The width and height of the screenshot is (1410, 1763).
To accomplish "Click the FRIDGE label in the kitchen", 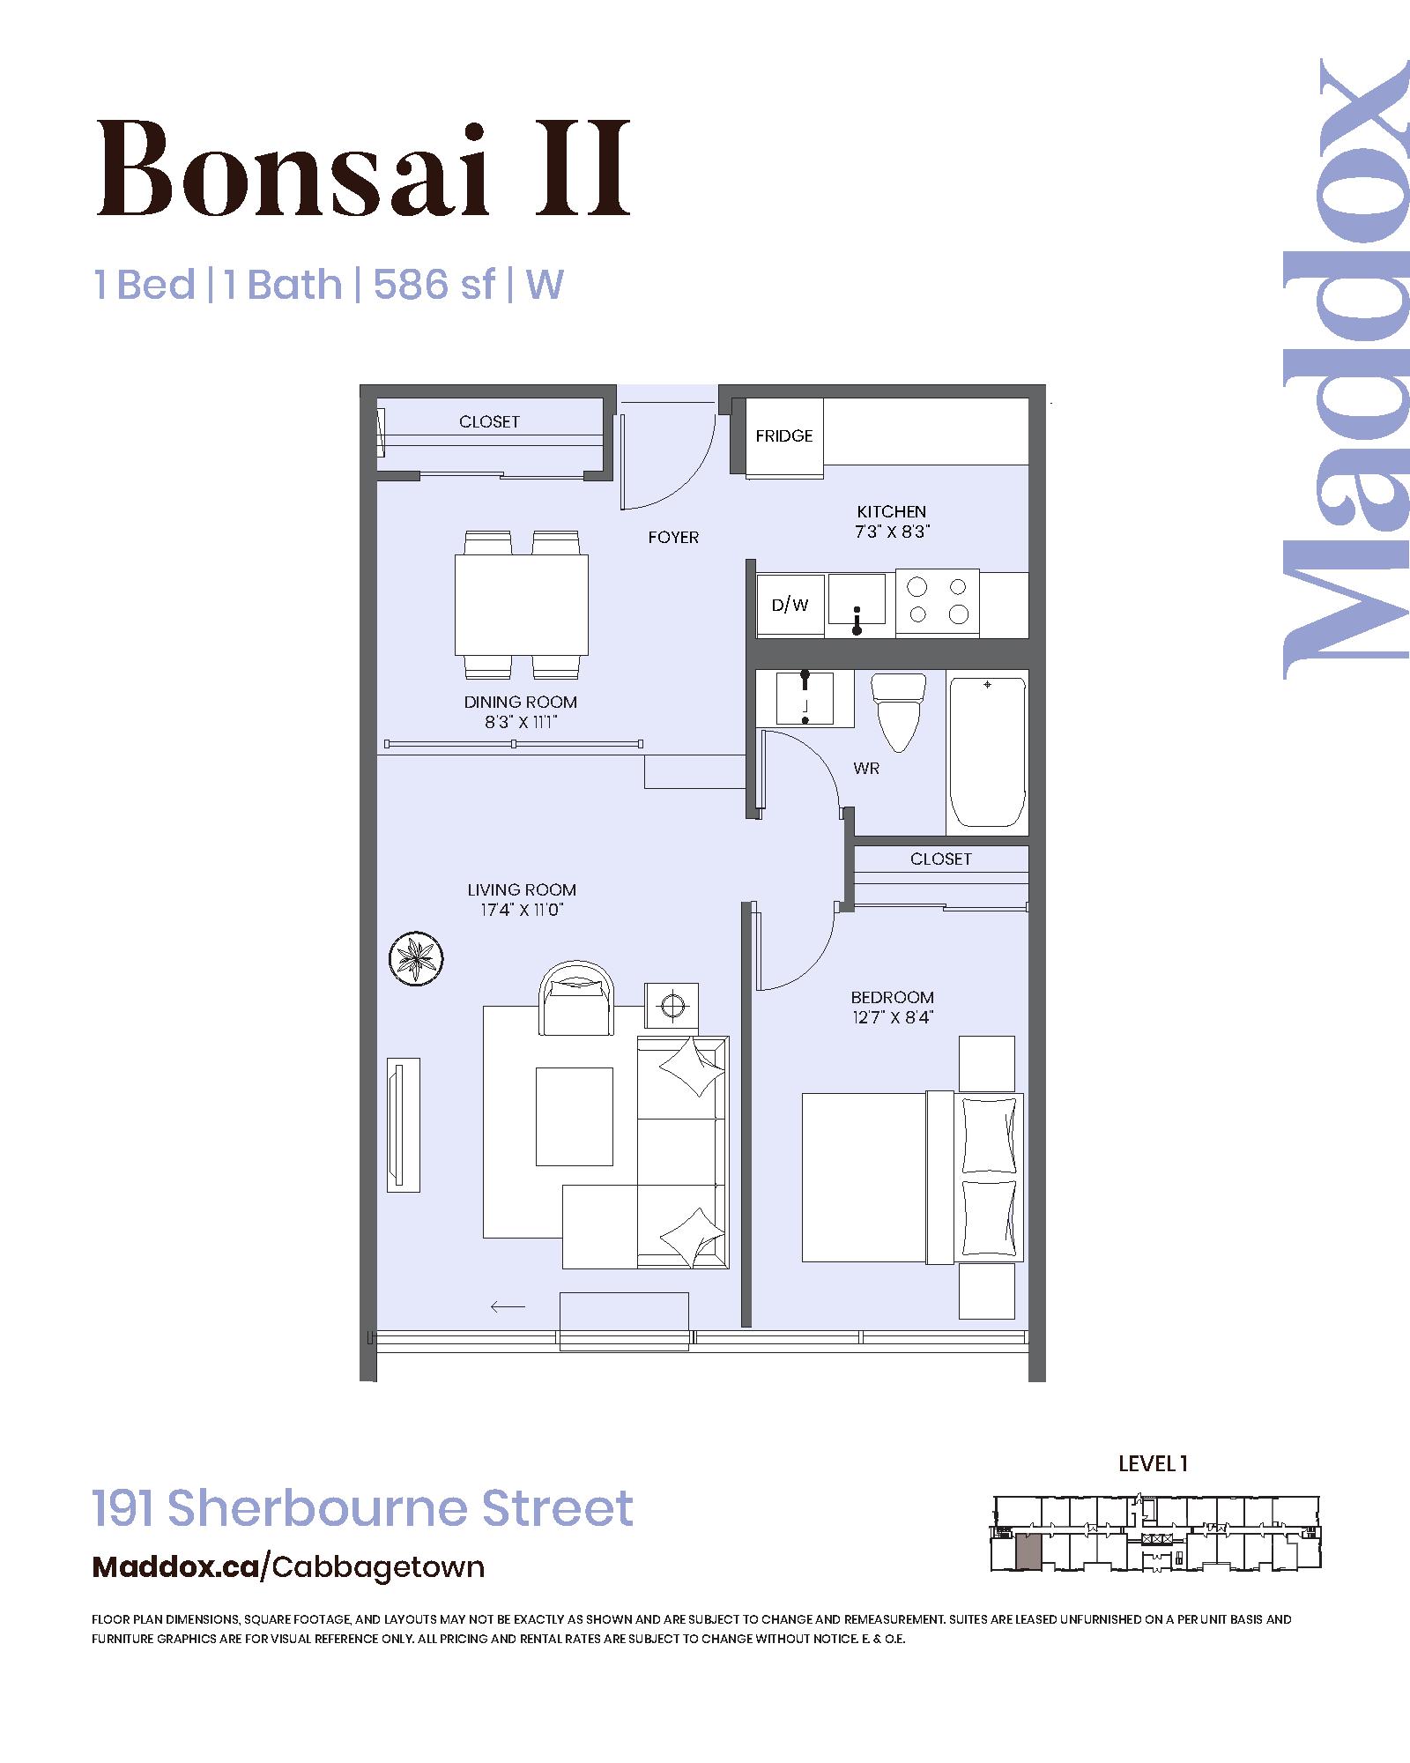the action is [x=784, y=435].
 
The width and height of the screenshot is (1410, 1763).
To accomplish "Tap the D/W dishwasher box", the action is [x=790, y=605].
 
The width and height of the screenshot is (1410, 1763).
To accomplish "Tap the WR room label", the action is [x=866, y=769].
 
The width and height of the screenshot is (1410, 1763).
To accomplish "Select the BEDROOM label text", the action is [x=892, y=997].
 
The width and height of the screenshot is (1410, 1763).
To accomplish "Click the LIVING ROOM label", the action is [x=522, y=889].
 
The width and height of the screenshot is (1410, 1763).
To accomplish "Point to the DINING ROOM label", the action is [x=521, y=702].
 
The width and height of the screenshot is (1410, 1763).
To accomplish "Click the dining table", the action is [x=522, y=605].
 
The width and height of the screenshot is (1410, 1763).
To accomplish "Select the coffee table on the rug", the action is [x=575, y=1116].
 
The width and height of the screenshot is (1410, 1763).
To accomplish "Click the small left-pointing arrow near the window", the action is [x=508, y=1306].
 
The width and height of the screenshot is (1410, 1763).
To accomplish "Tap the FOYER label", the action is [x=673, y=537].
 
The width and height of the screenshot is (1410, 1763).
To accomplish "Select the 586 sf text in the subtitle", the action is [x=434, y=285].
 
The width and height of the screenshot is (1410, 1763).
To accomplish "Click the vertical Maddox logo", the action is [x=1344, y=368].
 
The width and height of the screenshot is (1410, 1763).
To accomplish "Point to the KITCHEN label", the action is [x=892, y=511].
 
